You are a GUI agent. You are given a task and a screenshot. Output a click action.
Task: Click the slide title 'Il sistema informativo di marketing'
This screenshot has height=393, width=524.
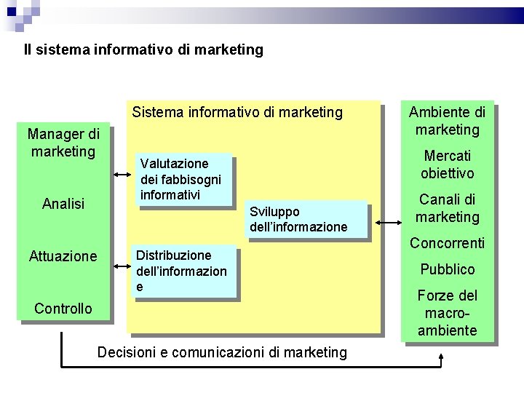tap(143, 50)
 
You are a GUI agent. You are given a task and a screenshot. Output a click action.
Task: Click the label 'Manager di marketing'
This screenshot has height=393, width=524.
tap(63, 143)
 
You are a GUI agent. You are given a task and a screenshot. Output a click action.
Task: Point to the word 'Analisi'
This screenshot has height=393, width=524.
tap(63, 204)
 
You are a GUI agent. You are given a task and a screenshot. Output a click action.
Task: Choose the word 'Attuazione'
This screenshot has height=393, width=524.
tap(63, 256)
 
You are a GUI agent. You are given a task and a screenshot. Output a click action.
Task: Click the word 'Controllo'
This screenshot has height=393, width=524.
tap(63, 309)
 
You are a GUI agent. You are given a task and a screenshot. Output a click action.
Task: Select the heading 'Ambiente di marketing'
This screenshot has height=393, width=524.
tap(447, 121)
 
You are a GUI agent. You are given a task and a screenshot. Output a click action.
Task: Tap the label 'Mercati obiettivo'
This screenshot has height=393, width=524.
tap(448, 164)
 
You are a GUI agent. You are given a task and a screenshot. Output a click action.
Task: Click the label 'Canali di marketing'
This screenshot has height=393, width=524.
tap(448, 208)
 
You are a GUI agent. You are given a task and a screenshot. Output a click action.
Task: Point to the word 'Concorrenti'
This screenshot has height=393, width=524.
tap(448, 243)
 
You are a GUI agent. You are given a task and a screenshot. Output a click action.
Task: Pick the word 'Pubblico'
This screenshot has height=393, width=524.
tap(448, 269)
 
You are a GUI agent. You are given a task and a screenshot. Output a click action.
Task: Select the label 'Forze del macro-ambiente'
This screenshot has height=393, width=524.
tap(448, 313)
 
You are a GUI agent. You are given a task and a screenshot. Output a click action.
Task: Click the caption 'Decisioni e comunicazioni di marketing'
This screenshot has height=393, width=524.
tap(222, 353)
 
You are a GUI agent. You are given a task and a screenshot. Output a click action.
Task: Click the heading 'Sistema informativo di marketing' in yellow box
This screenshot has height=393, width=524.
tap(237, 112)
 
